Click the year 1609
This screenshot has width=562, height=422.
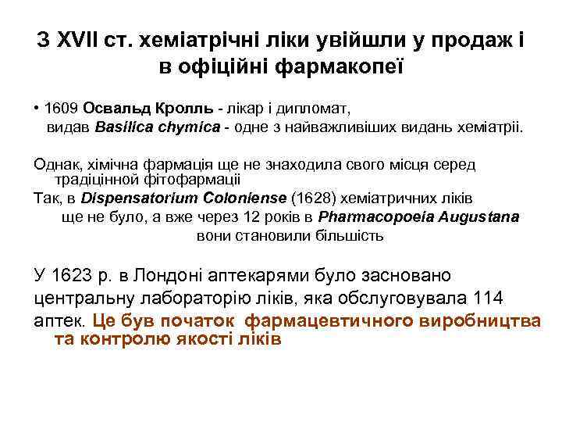click(62, 107)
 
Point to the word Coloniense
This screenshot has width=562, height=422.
click(233, 198)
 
